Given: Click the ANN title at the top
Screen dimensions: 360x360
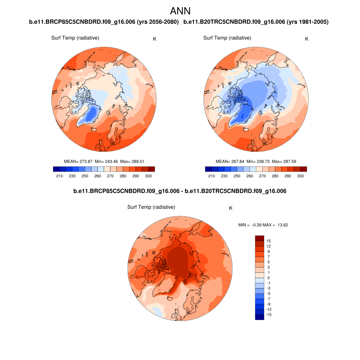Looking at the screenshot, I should pyautogui.click(x=180, y=11).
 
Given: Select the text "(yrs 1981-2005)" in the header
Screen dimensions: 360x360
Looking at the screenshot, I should pyautogui.click(x=308, y=22).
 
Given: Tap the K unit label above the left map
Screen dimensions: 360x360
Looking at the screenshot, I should pyautogui.click(x=155, y=39).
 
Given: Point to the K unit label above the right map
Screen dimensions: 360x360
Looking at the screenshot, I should pyautogui.click(x=307, y=39).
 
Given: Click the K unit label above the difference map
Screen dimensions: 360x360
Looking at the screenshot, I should pyautogui.click(x=231, y=208).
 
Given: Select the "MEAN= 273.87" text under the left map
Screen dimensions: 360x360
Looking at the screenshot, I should pyautogui.click(x=78, y=161).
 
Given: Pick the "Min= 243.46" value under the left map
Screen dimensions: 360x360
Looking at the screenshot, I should pyautogui.click(x=106, y=161).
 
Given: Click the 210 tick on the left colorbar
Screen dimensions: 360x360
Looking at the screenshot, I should pyautogui.click(x=59, y=176).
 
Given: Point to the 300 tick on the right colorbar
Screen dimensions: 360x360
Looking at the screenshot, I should pyautogui.click(x=300, y=176).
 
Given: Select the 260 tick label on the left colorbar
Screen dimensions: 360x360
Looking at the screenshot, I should pyautogui.click(x=97, y=176).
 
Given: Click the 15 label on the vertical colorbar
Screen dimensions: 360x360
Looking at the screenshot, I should pyautogui.click(x=269, y=241).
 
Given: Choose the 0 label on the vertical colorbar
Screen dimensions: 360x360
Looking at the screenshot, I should pyautogui.click(x=269, y=278).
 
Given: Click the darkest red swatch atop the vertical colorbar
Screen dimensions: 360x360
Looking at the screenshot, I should pyautogui.click(x=259, y=238).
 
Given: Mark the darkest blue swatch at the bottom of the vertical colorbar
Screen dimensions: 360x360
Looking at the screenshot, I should pyautogui.click(x=259, y=317).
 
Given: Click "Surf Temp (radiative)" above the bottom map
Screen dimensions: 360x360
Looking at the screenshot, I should pyautogui.click(x=151, y=207).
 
